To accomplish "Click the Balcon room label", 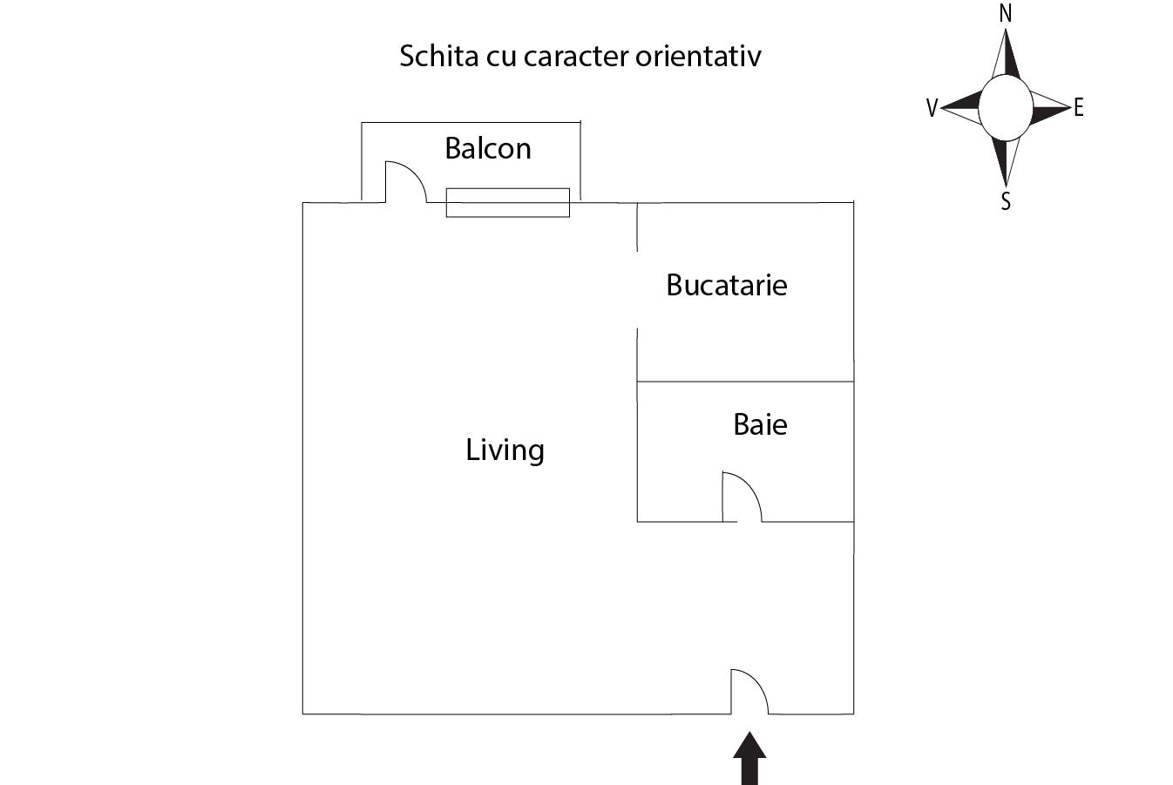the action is [487, 148].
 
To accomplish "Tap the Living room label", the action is [505, 450].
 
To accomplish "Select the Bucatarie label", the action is [726, 285].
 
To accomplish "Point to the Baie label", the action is [760, 424].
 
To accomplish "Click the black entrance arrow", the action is [749, 758].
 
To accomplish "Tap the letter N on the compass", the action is [1005, 13].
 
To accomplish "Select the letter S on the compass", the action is [1006, 201].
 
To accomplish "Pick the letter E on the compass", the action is [1078, 107].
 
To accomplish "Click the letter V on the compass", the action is [932, 108].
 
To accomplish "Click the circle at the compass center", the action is [1006, 108].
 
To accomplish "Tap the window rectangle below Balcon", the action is [507, 203].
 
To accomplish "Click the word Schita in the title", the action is [439, 56].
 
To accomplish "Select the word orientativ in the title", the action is [698, 56].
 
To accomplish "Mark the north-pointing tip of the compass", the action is [1006, 30].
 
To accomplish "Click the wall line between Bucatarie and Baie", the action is [745, 382].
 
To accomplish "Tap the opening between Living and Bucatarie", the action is [637, 289].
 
